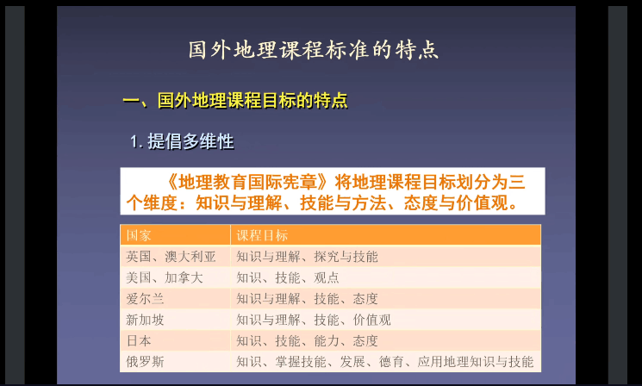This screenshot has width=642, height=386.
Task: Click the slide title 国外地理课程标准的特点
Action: coord(313,50)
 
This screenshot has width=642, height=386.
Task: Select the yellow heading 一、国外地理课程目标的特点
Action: coord(235,100)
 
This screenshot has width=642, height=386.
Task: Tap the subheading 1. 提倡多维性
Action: coord(182,141)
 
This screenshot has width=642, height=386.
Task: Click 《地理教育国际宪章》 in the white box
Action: coord(248,182)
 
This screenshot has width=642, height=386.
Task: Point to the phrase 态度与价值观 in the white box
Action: coord(461,202)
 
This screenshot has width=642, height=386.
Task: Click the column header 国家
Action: coord(139,235)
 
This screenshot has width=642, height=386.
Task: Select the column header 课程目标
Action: coord(262,235)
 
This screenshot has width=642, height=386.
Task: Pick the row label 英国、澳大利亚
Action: coord(171,257)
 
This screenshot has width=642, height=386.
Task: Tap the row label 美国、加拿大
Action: coord(165,278)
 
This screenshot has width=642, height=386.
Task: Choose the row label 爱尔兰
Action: coord(145,299)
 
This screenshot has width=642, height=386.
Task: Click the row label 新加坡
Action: coord(145,320)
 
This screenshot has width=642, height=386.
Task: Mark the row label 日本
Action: coord(139,340)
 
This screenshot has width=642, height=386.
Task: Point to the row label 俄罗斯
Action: coord(145,362)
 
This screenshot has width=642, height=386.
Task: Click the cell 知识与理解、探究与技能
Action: coord(307,257)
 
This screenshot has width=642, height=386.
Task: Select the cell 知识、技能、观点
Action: coord(288,278)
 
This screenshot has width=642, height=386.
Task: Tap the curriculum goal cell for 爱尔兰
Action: coord(307,299)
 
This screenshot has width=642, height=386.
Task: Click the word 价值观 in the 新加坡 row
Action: coord(371,320)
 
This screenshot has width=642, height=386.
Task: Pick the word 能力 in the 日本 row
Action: coord(327,340)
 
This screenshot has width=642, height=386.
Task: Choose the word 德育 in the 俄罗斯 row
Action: coord(391,362)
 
